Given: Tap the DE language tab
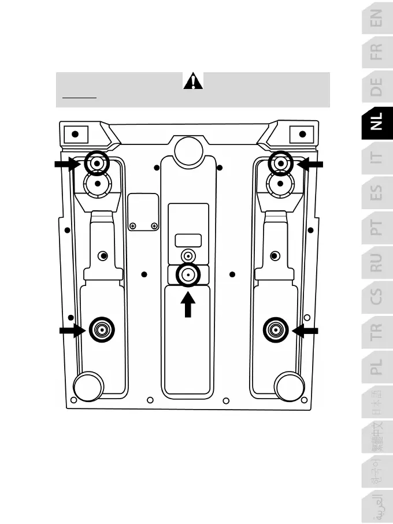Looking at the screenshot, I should (376, 87).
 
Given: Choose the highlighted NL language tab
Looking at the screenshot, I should (376, 122).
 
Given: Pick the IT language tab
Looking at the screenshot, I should (376, 157).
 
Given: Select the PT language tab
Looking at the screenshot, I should (376, 229).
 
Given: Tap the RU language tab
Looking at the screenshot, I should (376, 263).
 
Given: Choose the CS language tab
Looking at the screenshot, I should (376, 297).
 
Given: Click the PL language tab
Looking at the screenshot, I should (376, 366).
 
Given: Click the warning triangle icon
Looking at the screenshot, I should (193, 82).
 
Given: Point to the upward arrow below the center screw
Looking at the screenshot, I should (188, 305).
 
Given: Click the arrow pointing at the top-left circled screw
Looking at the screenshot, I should (67, 165).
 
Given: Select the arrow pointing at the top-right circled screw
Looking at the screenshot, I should (310, 165).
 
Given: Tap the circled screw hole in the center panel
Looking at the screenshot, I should (188, 276).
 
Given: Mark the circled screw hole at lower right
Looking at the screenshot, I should (275, 330).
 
